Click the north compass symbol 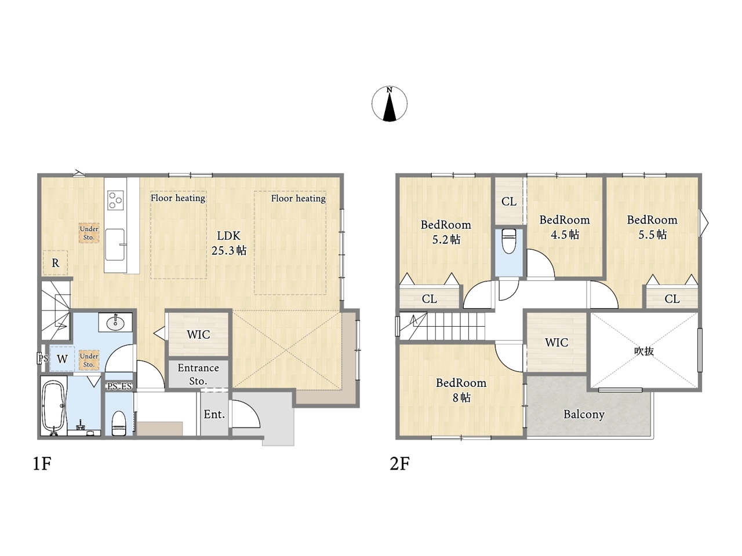click(389, 104)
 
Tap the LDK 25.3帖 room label click(229, 243)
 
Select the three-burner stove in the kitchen click(115, 200)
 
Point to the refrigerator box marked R click(55, 262)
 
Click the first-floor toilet click(119, 423)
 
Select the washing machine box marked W click(62, 359)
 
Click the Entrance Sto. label click(198, 374)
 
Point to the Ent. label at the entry click(214, 414)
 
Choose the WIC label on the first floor click(198, 335)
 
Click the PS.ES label click(119, 386)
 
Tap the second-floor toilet click(509, 242)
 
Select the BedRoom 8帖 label click(461, 390)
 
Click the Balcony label click(584, 415)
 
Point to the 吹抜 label click(643, 351)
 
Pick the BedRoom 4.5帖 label click(565, 227)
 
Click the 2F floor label click(399, 463)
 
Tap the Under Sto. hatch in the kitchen click(89, 233)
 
